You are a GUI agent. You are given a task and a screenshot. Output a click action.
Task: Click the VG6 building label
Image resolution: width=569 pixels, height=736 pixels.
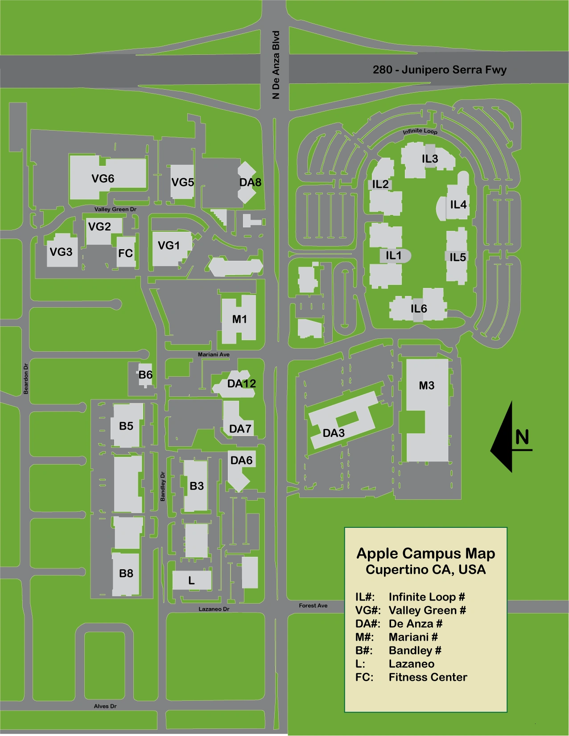tap(103, 179)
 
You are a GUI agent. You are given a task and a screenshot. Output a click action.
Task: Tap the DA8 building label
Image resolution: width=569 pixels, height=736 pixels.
tap(250, 182)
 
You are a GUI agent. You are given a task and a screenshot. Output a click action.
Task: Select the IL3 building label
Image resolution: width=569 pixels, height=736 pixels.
tap(430, 159)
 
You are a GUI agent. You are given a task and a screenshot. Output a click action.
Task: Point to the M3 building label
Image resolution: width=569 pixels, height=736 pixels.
tap(427, 386)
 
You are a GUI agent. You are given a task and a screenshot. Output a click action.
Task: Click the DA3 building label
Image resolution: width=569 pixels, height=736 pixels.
tap(334, 433)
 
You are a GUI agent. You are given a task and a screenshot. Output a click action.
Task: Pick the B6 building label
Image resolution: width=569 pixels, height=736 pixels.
tap(145, 375)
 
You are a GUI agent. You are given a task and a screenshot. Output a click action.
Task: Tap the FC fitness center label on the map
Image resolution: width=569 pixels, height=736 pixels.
tap(125, 253)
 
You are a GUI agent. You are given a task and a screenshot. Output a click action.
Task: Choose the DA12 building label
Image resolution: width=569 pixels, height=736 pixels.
tap(241, 384)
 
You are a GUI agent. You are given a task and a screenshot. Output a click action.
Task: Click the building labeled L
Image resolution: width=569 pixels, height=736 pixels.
tap(191, 580)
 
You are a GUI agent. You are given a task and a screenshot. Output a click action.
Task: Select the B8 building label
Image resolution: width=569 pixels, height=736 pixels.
tap(126, 573)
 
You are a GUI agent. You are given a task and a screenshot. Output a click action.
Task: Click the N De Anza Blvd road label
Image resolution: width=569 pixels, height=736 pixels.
tap(276, 65)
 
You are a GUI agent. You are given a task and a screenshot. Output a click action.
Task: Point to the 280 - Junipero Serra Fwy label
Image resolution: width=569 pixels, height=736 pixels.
tap(439, 70)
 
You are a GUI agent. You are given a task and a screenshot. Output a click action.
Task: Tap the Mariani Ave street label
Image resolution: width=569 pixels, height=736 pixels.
tap(214, 354)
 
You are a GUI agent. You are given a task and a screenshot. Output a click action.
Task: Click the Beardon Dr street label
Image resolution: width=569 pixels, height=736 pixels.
tap(26, 379)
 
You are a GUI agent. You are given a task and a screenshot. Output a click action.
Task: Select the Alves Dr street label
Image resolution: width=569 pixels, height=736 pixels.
tap(105, 706)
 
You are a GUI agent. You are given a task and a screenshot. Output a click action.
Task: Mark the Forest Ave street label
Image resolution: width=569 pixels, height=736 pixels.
tap(313, 605)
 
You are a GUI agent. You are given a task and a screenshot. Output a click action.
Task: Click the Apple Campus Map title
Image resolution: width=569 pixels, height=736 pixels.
tap(426, 554)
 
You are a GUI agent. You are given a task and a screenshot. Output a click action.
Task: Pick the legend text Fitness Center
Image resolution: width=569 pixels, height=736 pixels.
tap(428, 677)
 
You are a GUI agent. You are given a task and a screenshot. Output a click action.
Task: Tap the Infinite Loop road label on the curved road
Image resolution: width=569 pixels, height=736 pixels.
tap(420, 131)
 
